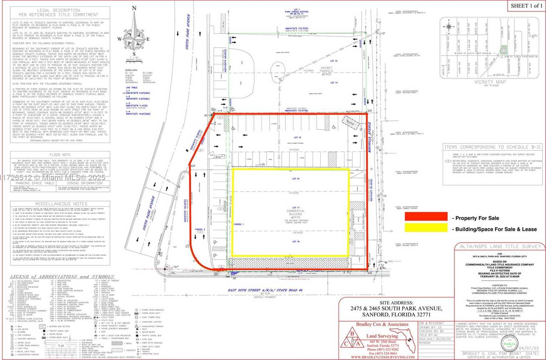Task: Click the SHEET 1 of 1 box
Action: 526,6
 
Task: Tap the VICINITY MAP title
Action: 490,82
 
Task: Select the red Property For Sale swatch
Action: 426,216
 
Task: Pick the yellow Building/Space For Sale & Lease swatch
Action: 426,228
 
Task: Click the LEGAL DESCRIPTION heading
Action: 58,12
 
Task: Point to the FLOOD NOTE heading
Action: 60,155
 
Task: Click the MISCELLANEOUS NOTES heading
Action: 61,204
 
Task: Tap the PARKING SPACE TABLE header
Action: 35,183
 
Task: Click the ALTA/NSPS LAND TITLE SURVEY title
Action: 500,246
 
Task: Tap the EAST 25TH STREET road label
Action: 265,290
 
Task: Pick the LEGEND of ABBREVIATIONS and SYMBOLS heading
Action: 62,277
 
